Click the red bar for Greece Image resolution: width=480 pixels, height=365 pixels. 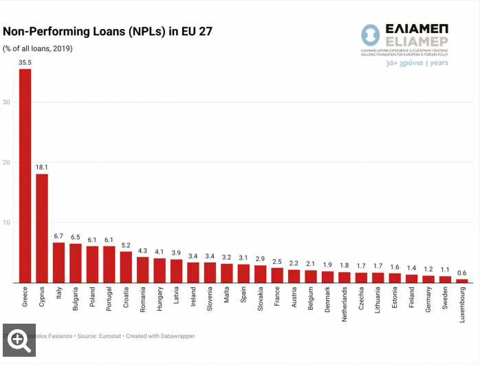click(x=25, y=176)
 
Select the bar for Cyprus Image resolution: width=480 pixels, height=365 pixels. click(x=42, y=228)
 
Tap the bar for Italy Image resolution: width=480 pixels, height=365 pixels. click(x=59, y=262)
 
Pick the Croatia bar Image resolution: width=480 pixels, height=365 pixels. click(x=126, y=267)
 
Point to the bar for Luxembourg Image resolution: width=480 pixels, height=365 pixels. click(x=462, y=280)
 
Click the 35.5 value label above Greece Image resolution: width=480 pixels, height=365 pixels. click(x=25, y=63)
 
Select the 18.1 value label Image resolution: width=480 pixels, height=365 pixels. click(x=42, y=167)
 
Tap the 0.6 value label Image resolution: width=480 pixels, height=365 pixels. click(x=462, y=273)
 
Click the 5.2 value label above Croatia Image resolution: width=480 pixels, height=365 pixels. click(x=126, y=245)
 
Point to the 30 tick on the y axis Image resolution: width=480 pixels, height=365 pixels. click(x=8, y=102)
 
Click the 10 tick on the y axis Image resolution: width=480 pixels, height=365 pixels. click(x=8, y=222)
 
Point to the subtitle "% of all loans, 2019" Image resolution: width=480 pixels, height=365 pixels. click(x=38, y=48)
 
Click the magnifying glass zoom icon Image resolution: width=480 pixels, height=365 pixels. click(x=19, y=340)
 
